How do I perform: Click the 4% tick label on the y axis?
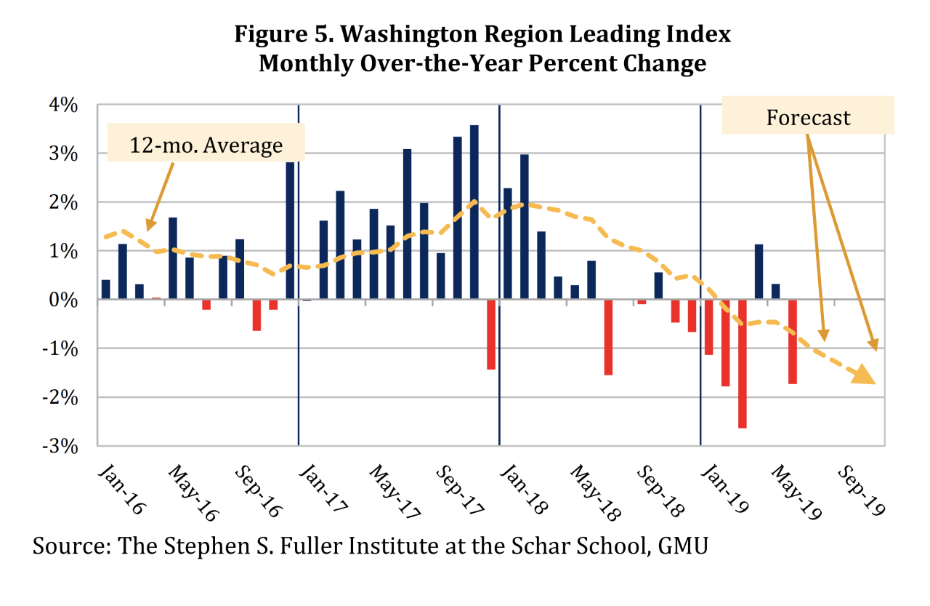[x=63, y=106]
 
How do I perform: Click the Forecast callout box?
[x=807, y=117]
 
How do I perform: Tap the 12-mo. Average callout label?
[x=206, y=145]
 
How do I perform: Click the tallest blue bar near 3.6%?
[x=474, y=212]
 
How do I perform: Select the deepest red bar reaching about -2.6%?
[x=742, y=364]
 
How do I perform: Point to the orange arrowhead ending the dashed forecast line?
[x=864, y=374]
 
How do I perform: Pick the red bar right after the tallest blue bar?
[x=491, y=335]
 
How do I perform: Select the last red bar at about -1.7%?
[x=793, y=342]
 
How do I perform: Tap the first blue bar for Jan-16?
[x=106, y=290]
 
